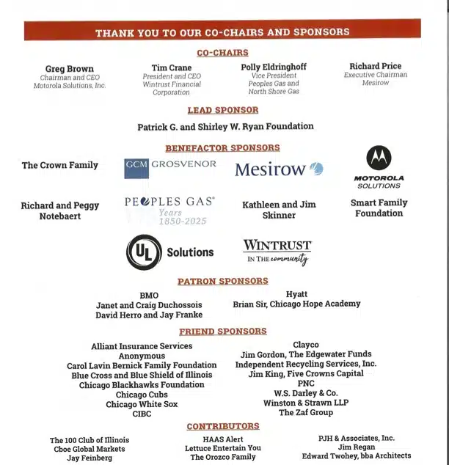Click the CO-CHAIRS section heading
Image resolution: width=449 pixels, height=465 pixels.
(222, 53)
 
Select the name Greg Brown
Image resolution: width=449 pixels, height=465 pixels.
(70, 69)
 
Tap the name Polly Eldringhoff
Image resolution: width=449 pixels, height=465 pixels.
(274, 67)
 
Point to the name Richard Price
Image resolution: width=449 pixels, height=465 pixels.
(375, 66)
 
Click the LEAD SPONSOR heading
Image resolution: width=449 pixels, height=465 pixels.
(223, 110)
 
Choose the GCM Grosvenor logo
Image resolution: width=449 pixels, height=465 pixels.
(170, 167)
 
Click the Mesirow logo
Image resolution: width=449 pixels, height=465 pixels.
(279, 169)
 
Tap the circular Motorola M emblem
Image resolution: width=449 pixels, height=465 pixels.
(379, 158)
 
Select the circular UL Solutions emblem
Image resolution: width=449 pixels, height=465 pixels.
(143, 252)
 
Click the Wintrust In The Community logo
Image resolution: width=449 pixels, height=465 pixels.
(277, 252)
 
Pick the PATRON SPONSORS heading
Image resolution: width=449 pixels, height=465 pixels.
(223, 281)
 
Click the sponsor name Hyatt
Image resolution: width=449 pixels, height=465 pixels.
(296, 294)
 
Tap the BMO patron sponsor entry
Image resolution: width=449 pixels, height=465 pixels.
(149, 295)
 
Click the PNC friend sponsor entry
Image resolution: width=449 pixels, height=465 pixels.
(305, 384)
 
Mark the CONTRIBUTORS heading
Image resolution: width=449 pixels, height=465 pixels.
(223, 426)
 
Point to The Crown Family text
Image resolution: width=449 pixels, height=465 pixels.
(60, 165)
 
